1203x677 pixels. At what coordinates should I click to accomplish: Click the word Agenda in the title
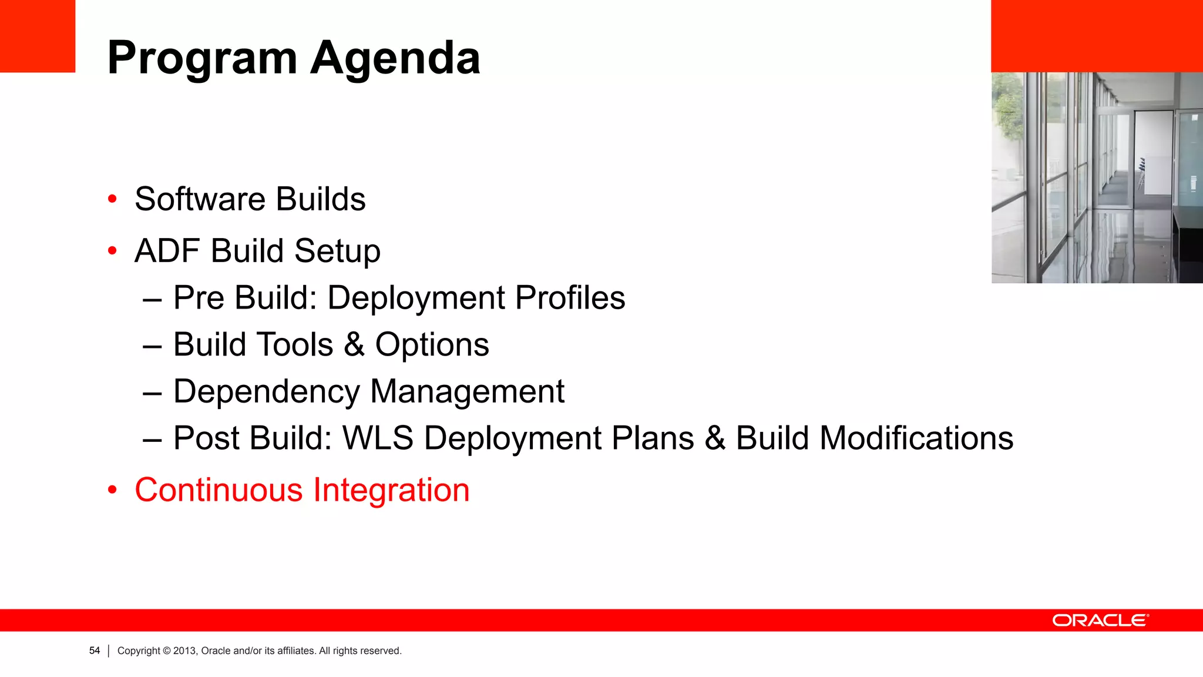tap(395, 59)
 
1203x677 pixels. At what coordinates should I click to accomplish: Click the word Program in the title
tap(203, 59)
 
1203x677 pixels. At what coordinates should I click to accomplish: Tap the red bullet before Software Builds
tap(112, 199)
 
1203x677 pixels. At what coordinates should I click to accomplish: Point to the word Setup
tap(337, 251)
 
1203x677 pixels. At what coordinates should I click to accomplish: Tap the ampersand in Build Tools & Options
tap(354, 345)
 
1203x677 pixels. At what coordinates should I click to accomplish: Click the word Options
tap(432, 345)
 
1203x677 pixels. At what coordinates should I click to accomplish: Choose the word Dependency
tap(267, 392)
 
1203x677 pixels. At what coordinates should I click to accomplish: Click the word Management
tap(467, 392)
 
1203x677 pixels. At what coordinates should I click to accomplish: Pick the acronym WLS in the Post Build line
tap(378, 438)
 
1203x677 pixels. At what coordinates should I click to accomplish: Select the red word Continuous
tap(219, 490)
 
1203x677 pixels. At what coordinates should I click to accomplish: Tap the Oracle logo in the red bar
tap(1100, 621)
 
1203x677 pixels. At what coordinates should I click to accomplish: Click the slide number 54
tap(95, 651)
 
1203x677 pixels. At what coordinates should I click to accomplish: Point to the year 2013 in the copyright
tap(184, 651)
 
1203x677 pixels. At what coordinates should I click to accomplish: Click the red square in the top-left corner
tap(38, 36)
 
